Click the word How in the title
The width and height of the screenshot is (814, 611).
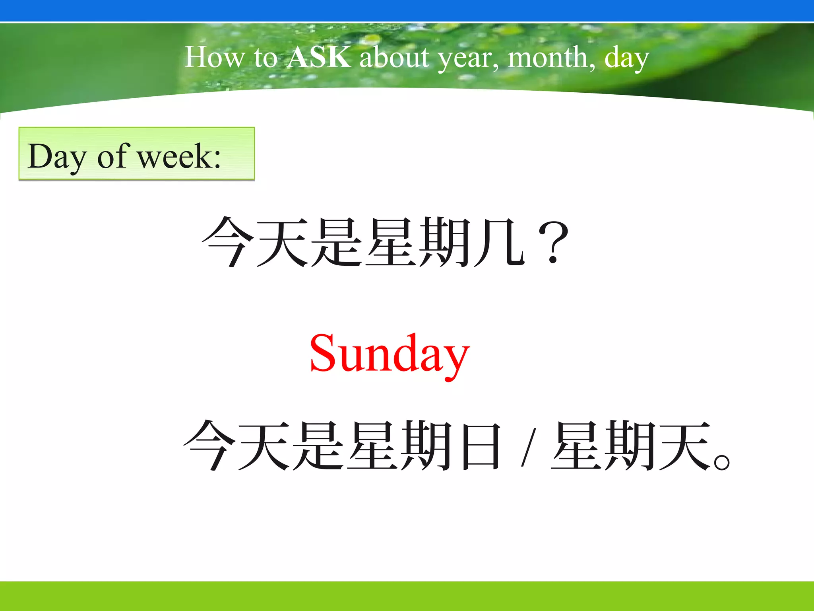pyautogui.click(x=214, y=57)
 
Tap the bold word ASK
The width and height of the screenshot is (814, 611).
pyautogui.click(x=319, y=57)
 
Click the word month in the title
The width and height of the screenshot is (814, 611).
pyautogui.click(x=551, y=58)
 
